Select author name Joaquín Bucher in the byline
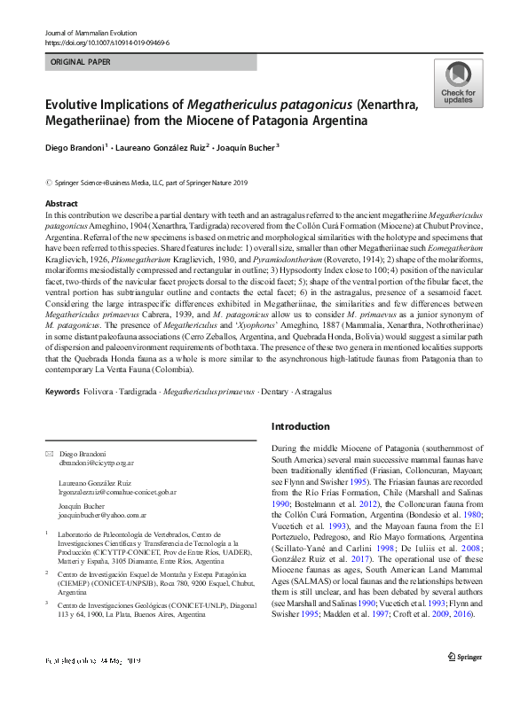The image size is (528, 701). (x=248, y=147)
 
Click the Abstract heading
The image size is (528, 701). (x=61, y=204)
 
